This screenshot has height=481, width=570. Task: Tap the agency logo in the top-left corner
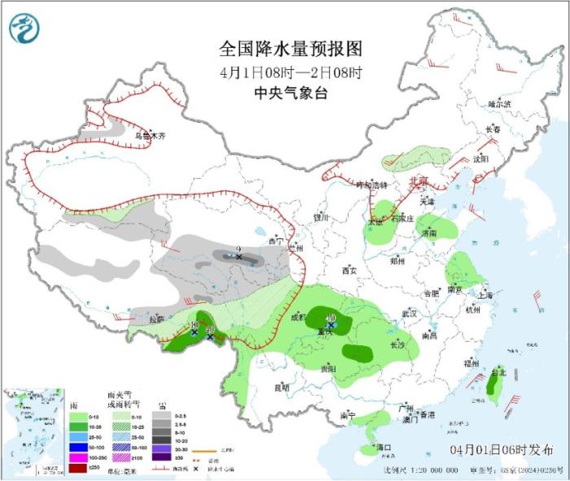click(24, 28)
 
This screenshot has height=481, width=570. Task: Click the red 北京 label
click(417, 181)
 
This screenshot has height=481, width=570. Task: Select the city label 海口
click(384, 447)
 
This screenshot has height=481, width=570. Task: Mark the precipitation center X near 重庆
click(331, 325)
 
